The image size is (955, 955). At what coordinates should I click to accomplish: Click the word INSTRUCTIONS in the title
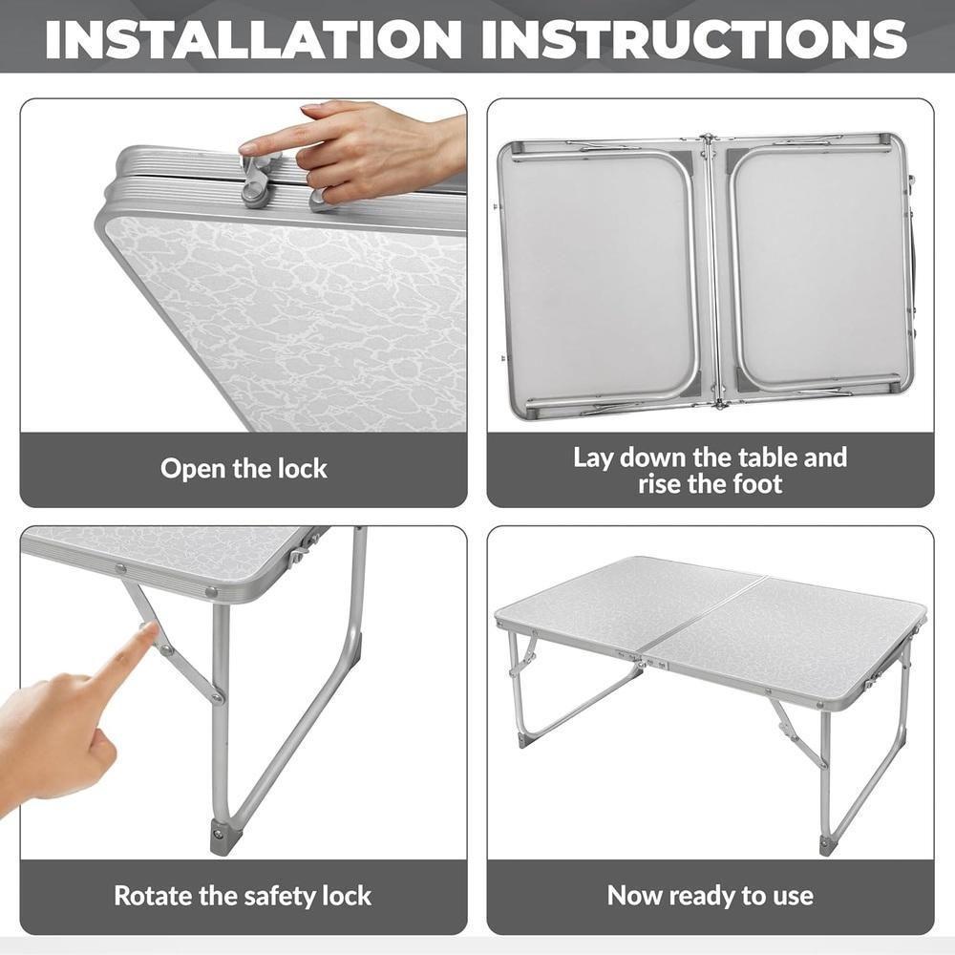pyautogui.click(x=693, y=38)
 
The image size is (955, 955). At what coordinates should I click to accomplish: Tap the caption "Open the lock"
pyautogui.click(x=244, y=469)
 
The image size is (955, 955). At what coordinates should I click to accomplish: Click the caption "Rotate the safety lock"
pyautogui.click(x=243, y=896)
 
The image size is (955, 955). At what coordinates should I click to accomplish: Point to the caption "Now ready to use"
pyautogui.click(x=711, y=896)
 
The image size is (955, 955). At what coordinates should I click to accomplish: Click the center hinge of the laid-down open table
pyautogui.click(x=710, y=272)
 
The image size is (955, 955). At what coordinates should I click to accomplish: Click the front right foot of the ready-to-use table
pyautogui.click(x=827, y=844)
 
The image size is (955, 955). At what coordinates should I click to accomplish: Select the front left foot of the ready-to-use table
pyautogui.click(x=524, y=738)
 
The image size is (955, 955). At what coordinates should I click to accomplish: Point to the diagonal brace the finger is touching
pyautogui.click(x=178, y=649)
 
